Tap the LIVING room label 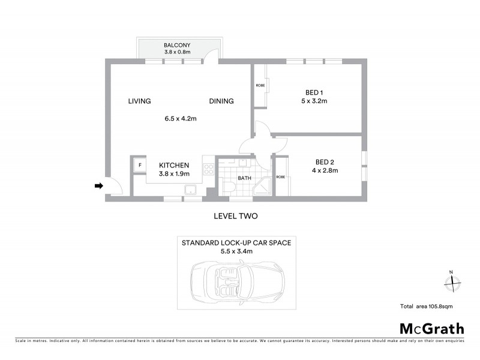139,101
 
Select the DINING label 221,101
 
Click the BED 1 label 314,92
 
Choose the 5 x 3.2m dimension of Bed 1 314,101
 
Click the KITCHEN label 174,166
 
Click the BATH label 244,178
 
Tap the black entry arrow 98,187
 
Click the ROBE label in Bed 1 260,86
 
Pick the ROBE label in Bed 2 280,177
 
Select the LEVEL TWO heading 236,215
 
